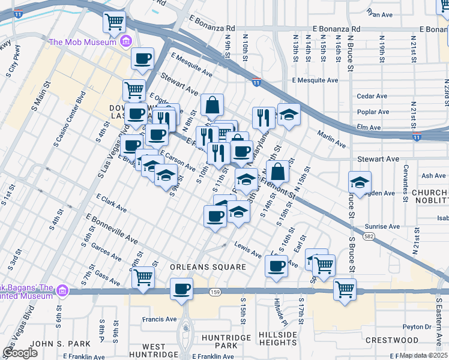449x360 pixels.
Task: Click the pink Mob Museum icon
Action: pos(126,41)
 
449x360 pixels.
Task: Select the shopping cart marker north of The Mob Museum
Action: pos(114,23)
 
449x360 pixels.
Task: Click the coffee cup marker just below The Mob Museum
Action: pos(143,59)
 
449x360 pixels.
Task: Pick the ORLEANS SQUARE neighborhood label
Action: pos(200,267)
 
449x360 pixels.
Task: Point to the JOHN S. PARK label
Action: pos(52,344)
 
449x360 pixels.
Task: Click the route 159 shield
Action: pos(214,292)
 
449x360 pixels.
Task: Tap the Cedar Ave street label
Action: pos(372,96)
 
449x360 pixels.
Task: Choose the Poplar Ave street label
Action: pos(373,112)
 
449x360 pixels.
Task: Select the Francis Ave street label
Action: pos(158,320)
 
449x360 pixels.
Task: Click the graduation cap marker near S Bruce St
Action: pos(360,183)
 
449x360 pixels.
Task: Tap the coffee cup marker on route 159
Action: pos(181,290)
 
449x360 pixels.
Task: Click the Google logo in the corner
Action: pos(20,353)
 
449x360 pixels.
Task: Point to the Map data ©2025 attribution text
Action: pos(423,355)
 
